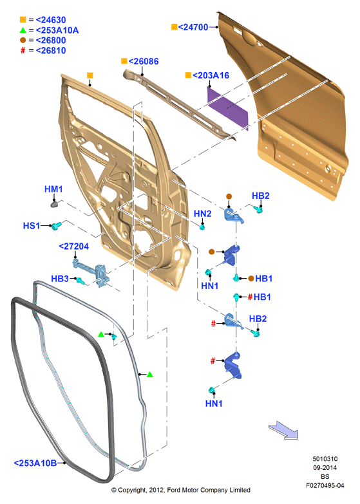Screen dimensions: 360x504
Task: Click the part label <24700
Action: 193,27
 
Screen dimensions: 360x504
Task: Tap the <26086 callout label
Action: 144,61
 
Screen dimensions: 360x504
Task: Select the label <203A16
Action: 211,75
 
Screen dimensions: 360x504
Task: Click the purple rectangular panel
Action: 228,109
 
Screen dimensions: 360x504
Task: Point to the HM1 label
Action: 53,189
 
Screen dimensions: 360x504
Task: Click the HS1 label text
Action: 31,226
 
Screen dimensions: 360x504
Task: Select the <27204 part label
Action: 73,247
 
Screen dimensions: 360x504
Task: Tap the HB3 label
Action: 60,279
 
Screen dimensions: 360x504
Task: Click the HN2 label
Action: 202,214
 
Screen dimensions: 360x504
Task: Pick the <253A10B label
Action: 35,463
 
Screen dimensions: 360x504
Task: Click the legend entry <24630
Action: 51,20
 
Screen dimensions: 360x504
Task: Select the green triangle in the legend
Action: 23,30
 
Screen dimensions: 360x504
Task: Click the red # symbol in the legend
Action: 23,50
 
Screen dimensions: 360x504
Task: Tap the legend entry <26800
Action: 51,40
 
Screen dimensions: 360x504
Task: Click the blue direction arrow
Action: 283,431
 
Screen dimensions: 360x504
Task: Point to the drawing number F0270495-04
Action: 325,486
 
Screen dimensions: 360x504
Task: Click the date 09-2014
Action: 325,468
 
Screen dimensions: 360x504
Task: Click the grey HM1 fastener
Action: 54,204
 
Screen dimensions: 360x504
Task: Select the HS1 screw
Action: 57,226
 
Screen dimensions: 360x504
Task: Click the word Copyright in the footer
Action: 132,490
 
